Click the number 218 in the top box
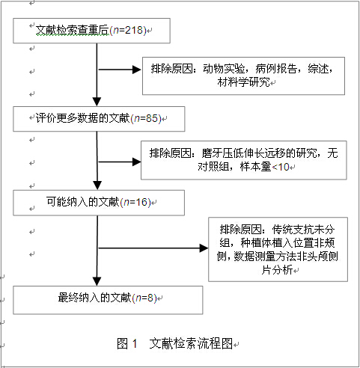[134, 30]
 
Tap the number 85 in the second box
[152, 118]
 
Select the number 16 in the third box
[142, 202]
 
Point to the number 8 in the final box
[150, 298]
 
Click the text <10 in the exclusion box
[281, 167]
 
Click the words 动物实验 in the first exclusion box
[224, 69]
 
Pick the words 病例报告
[276, 69]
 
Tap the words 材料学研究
[243, 82]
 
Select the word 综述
[318, 69]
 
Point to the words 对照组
[213, 167]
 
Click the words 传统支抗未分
[303, 230]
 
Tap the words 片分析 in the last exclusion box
[277, 269]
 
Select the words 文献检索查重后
[73, 30]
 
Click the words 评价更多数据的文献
[83, 118]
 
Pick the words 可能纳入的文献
[83, 202]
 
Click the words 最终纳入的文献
[94, 298]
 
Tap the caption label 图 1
[127, 343]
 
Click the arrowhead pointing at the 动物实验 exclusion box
[136, 70]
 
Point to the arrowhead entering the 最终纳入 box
[97, 281]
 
